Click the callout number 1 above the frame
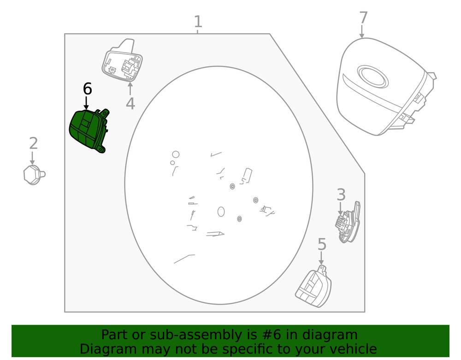click(198, 22)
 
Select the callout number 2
click(34, 143)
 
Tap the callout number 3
click(341, 195)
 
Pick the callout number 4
click(130, 103)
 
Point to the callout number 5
click(322, 244)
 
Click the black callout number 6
click(87, 89)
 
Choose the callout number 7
click(363, 18)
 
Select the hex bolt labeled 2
click(34, 175)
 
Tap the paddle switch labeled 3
click(348, 223)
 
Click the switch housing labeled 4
click(122, 60)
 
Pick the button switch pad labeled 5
click(313, 287)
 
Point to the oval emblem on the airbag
click(373, 77)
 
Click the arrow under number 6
click(86, 103)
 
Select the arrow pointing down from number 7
click(362, 31)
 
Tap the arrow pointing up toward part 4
click(130, 89)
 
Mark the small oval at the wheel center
click(221, 212)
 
